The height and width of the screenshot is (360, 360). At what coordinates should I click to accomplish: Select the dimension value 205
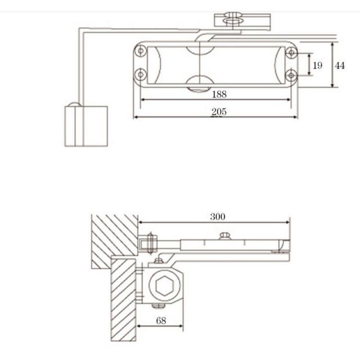(219, 112)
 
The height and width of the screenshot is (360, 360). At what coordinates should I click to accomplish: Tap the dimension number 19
(317, 65)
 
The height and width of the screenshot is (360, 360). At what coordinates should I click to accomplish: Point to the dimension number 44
(340, 65)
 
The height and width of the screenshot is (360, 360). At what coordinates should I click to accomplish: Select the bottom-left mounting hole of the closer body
(140, 74)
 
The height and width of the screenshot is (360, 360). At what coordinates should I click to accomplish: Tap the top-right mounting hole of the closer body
(291, 52)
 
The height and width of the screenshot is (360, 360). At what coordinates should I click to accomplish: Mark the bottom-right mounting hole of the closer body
(291, 74)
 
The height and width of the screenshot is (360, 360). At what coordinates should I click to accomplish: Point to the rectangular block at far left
(85, 125)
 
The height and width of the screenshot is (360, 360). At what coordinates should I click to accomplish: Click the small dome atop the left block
(74, 105)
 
